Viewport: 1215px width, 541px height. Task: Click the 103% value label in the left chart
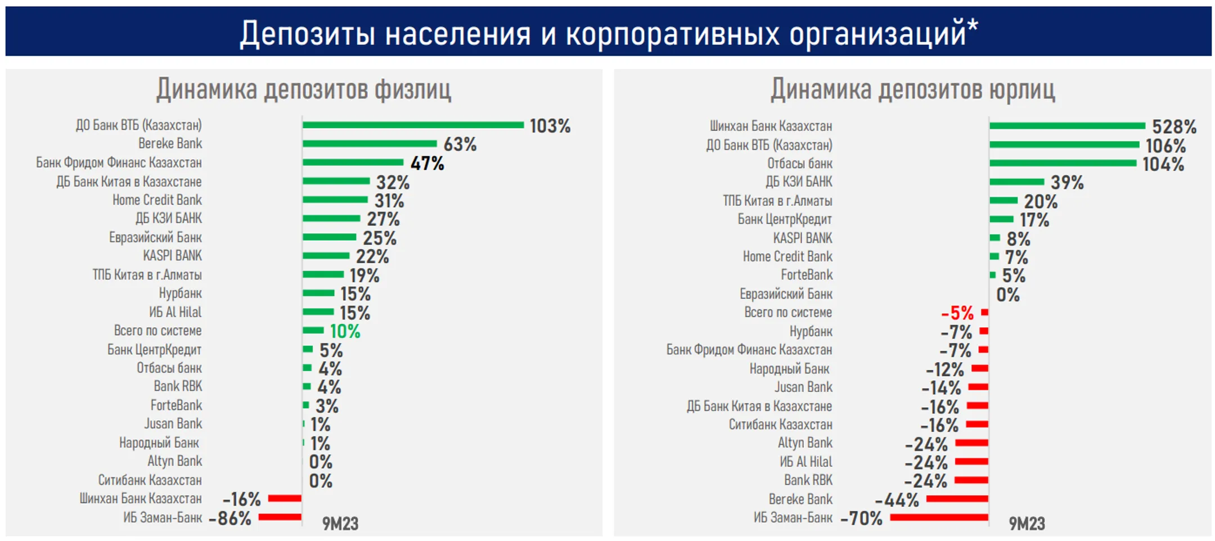point(550,126)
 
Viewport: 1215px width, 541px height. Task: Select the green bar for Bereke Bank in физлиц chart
point(370,144)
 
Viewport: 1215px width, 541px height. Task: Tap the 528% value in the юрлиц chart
point(1174,127)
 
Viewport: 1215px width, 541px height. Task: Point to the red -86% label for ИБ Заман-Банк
point(229,518)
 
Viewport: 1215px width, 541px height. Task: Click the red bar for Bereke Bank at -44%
point(957,499)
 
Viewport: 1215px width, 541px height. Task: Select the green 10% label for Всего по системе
point(345,331)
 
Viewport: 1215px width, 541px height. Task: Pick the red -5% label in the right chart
point(957,313)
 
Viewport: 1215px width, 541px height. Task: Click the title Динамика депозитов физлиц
point(303,89)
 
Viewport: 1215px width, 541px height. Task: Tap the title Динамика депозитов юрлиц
point(912,89)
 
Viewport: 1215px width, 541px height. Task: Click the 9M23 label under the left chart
point(340,524)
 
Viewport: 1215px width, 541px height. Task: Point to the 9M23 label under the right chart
point(1027,524)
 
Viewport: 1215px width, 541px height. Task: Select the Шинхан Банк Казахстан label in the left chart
point(140,499)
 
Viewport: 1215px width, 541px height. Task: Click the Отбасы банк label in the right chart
point(799,164)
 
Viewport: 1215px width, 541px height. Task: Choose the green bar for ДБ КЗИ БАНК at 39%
point(1016,182)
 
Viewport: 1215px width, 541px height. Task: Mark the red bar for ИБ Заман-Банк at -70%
point(939,517)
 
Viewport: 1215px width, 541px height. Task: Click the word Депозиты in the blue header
point(307,33)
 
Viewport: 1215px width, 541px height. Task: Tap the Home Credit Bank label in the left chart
point(157,200)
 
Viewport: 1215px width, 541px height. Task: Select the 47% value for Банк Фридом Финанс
point(427,164)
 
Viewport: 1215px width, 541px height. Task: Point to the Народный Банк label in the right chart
point(789,369)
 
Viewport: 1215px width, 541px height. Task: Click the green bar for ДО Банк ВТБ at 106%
point(1064,145)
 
